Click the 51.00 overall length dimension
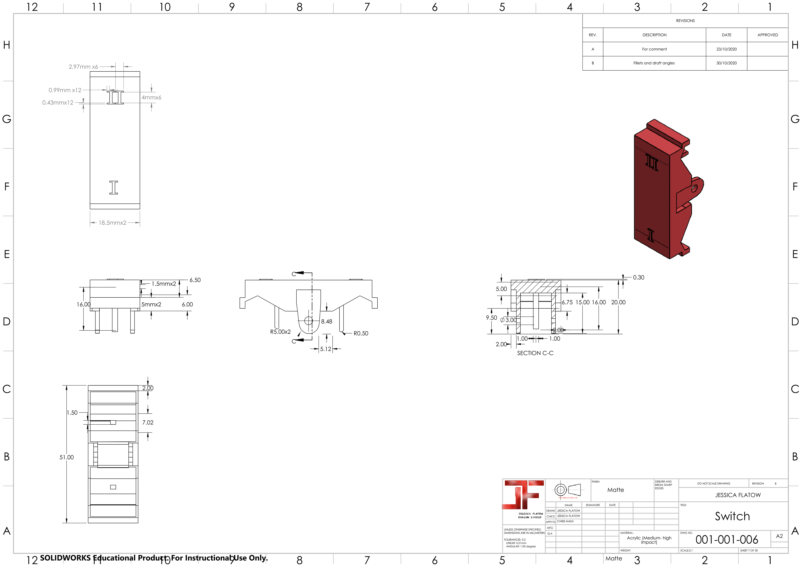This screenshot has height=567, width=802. coord(66,457)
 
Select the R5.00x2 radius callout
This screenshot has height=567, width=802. coord(280,332)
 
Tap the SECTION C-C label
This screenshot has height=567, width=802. coord(535,353)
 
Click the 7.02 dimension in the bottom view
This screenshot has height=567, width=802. coord(148,422)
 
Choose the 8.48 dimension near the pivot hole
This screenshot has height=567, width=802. coord(327,321)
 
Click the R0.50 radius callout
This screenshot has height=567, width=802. coord(361,333)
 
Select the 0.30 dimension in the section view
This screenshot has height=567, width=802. coord(638,277)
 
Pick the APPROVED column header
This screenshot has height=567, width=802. coord(767,35)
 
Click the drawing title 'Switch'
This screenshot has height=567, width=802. coord(732,516)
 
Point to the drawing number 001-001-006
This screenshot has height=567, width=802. coord(727,540)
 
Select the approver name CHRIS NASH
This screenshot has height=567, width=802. coord(565,521)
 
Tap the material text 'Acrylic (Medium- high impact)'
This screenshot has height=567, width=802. coord(649,540)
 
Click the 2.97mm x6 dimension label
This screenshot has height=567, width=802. coord(83,67)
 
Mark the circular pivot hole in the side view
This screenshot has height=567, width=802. coord(308,321)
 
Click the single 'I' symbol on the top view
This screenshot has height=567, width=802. coord(114,187)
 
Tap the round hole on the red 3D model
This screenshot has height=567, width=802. coord(694,189)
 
